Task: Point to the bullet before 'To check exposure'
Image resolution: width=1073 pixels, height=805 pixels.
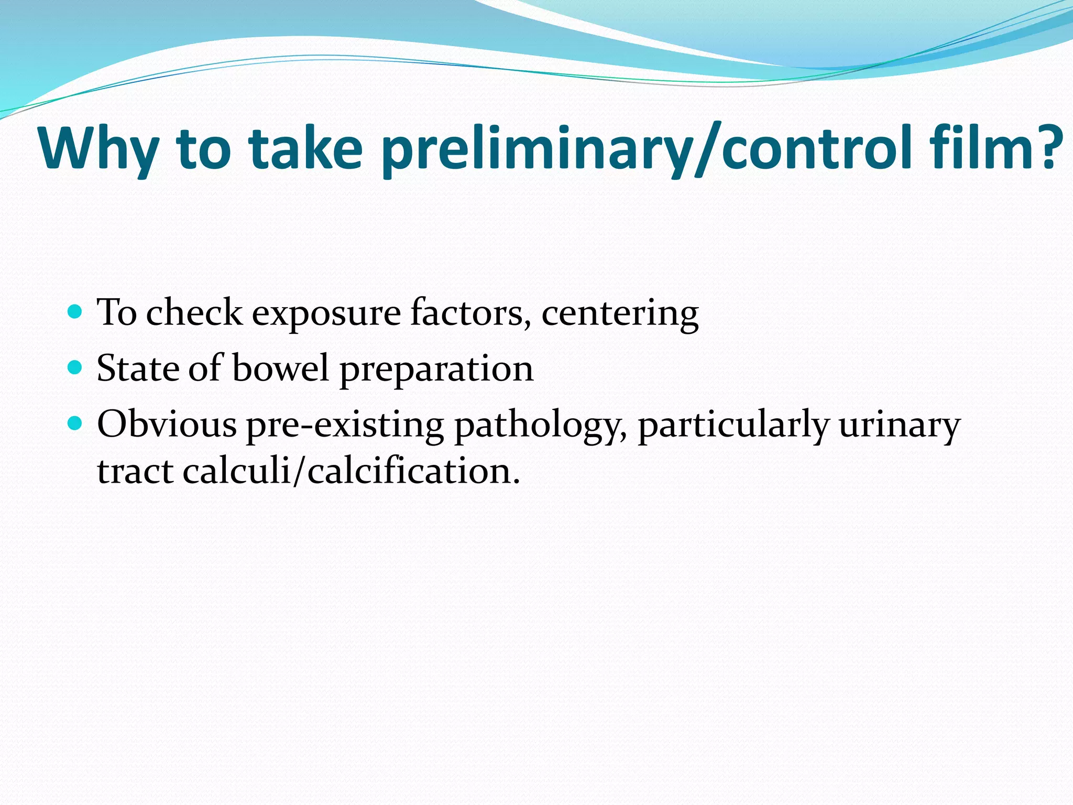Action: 75,312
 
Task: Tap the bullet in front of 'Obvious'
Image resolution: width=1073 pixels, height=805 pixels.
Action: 75,423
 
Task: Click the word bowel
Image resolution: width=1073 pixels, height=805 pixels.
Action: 281,368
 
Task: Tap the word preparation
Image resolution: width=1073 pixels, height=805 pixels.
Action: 436,370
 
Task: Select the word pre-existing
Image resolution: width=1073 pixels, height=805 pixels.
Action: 345,426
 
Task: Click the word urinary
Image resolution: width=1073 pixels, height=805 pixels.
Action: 900,426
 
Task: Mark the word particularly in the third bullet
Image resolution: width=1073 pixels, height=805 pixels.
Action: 733,426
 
